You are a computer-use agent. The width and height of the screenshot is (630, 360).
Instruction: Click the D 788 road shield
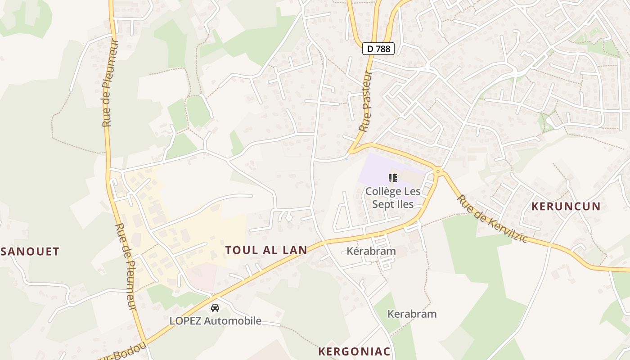point(378,49)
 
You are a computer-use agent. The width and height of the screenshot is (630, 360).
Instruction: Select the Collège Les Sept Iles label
point(393,197)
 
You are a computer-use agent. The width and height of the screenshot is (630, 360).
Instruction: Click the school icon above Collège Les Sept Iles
point(393,178)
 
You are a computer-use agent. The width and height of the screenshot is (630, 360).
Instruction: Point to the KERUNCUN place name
point(566,207)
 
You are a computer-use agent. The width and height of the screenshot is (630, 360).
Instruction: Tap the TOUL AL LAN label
point(266,250)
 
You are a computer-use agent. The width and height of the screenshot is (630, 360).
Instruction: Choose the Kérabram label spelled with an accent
point(371,251)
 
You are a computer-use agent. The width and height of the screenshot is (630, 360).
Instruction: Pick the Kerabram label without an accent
point(412,314)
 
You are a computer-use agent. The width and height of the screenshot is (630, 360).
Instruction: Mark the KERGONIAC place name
point(354,351)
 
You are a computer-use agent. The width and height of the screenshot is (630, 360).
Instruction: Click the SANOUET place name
point(30,252)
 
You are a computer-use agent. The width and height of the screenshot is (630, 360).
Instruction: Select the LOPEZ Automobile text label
point(215,321)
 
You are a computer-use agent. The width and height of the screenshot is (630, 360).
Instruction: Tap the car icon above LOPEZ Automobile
point(215,308)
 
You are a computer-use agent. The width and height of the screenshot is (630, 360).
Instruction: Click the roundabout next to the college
point(437,171)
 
